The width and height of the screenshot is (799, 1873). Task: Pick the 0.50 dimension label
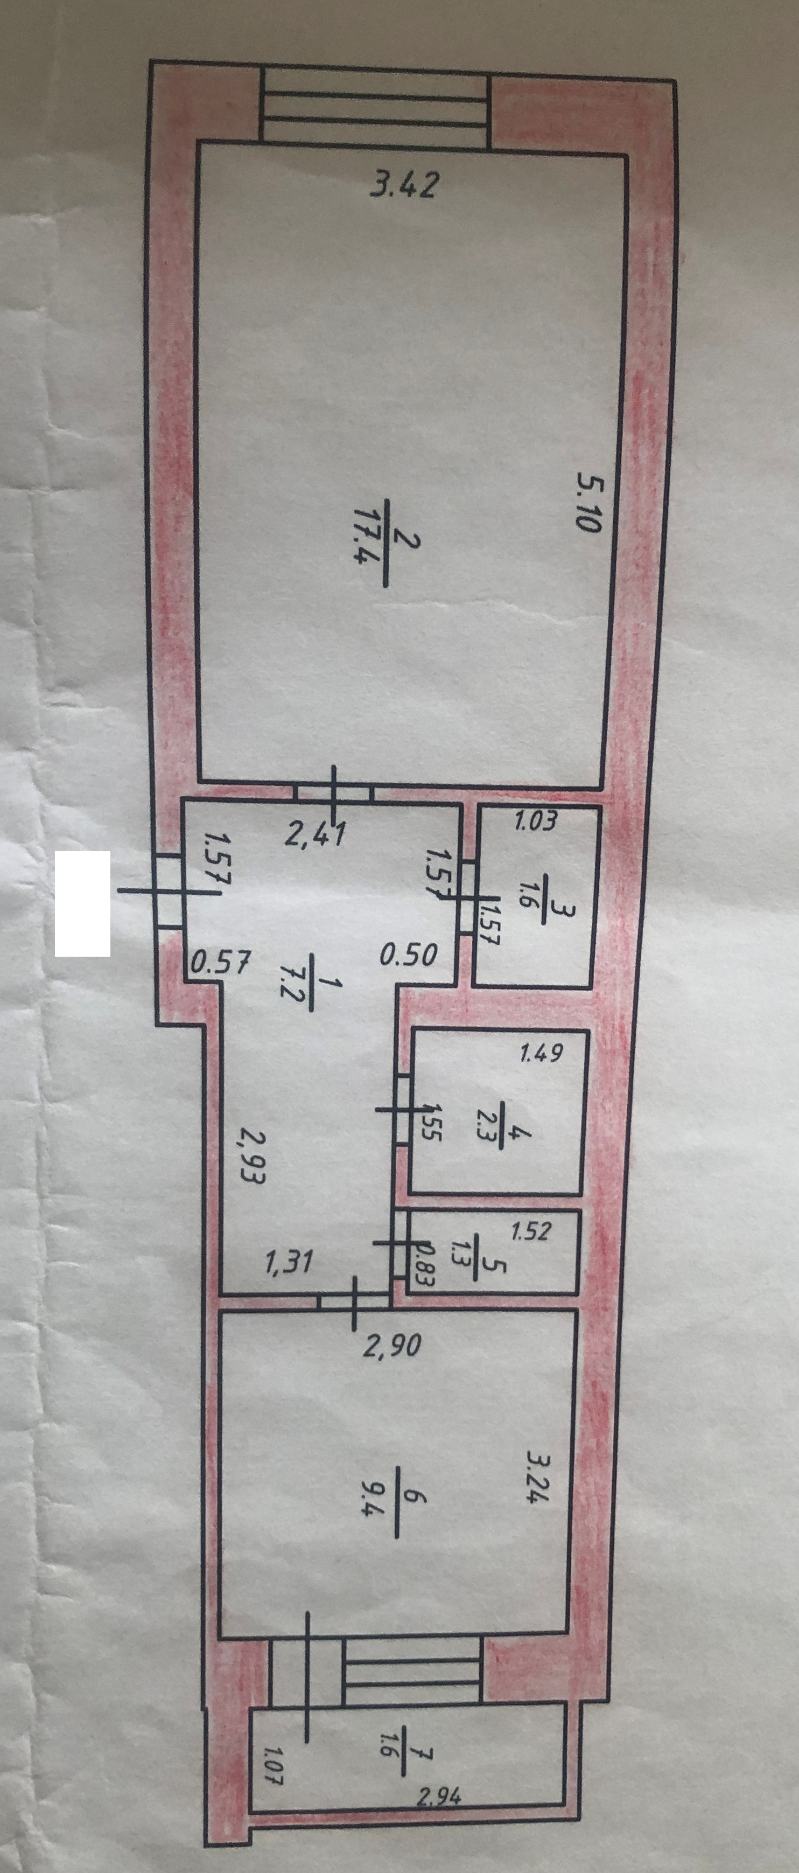click(409, 954)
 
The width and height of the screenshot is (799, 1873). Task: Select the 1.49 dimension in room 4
click(542, 1053)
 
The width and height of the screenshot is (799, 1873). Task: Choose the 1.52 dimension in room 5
click(531, 1232)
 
